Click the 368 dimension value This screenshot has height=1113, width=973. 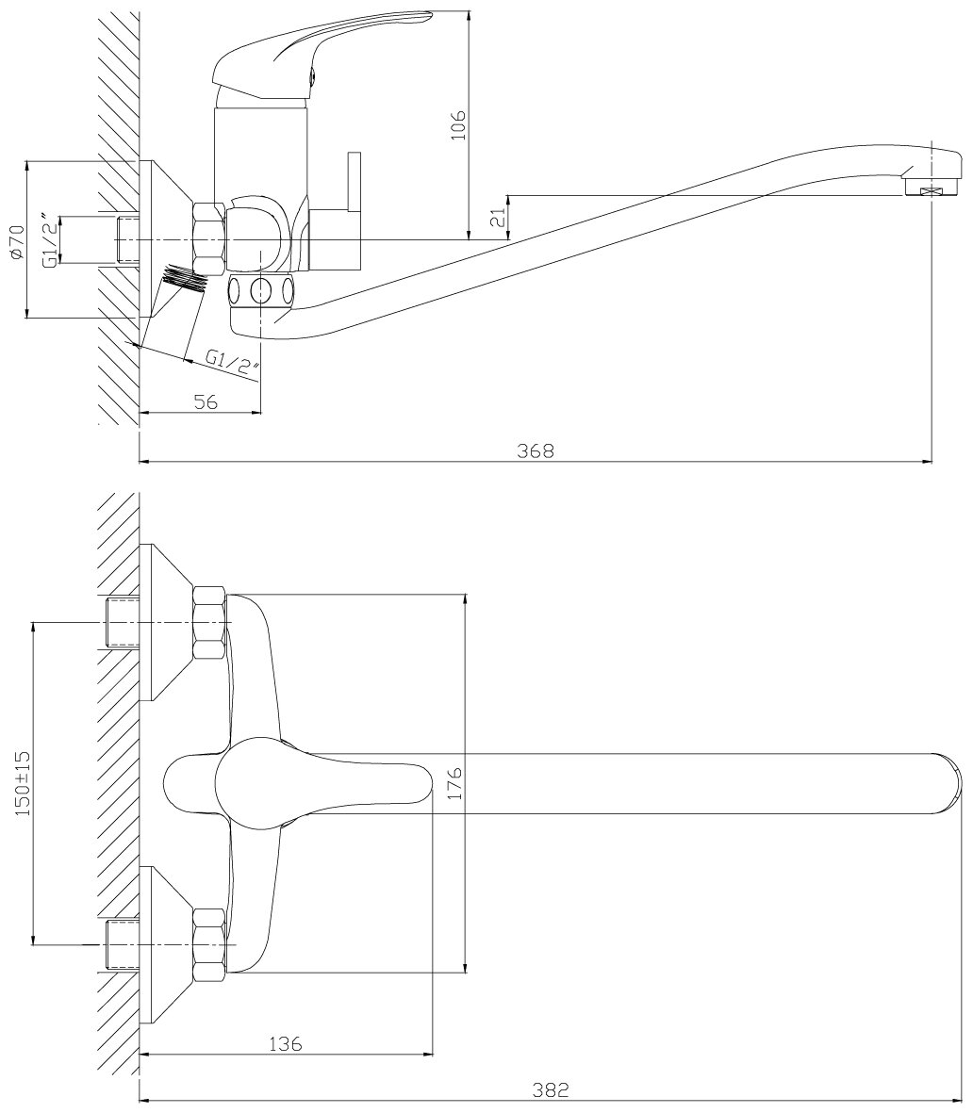[536, 450]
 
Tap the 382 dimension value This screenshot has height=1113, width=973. [552, 1089]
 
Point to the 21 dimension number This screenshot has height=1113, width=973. [501, 218]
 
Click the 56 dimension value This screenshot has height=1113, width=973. [205, 401]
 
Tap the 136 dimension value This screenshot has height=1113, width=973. [285, 1043]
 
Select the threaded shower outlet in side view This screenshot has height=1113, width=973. [185, 277]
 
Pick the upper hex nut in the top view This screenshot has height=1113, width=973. [210, 623]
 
